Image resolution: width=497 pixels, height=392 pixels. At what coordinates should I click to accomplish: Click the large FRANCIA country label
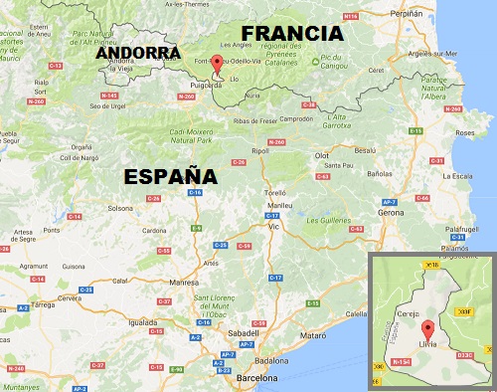tap(292, 33)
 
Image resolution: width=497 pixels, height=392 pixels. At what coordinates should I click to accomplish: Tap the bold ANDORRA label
tap(138, 53)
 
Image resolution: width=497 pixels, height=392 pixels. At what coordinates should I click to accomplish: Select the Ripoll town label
tap(261, 150)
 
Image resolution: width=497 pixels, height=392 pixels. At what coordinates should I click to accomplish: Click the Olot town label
tap(321, 155)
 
